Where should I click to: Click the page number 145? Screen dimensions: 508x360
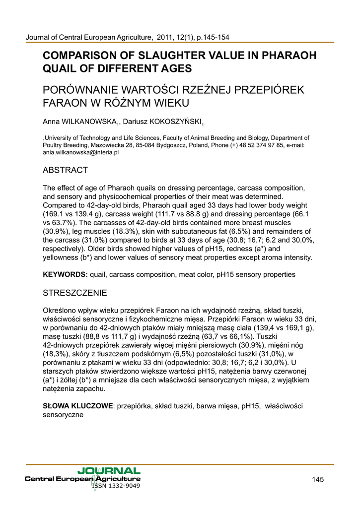[318, 479]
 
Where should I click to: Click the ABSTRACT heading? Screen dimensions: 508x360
[66, 170]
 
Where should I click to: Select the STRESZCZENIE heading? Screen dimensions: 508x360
[75, 293]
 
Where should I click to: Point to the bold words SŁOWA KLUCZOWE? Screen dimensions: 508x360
[78, 406]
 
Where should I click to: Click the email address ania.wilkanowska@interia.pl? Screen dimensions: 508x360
[81, 153]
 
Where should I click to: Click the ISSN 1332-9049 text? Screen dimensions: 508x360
[116, 486]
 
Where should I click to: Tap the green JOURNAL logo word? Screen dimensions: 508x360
[109, 470]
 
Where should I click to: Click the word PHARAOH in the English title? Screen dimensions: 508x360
[286, 56]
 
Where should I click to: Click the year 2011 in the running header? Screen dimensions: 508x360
[166, 37]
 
